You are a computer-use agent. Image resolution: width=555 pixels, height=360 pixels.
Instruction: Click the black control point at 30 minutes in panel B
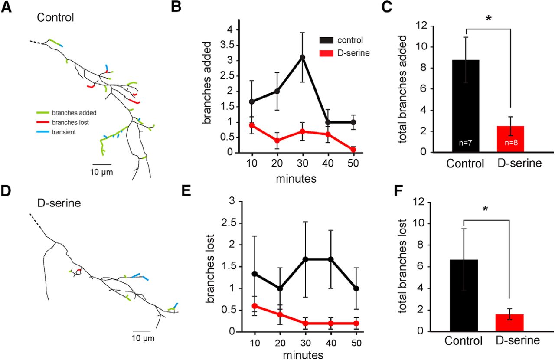pyautogui.click(x=302, y=57)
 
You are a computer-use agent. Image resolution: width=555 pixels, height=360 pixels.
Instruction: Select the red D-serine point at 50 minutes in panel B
pyautogui.click(x=353, y=150)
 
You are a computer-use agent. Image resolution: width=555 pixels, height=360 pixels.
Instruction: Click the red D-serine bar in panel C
pyautogui.click(x=511, y=139)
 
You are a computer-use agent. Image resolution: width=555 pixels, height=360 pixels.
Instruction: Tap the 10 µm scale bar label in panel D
pyautogui.click(x=143, y=338)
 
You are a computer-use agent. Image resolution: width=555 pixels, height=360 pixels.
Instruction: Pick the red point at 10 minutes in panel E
pyautogui.click(x=255, y=306)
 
